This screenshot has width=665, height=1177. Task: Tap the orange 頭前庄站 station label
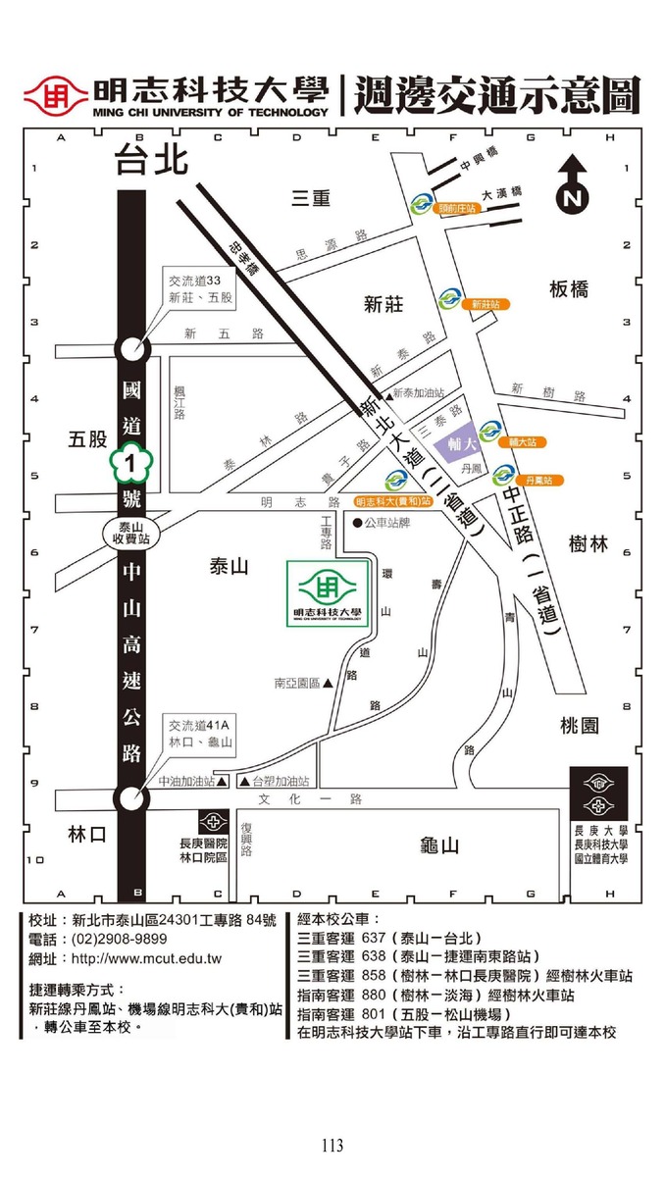(x=457, y=209)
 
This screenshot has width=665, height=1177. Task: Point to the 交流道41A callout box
(x=200, y=734)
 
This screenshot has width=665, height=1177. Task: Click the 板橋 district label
(x=569, y=288)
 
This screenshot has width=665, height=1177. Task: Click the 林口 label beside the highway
(x=86, y=834)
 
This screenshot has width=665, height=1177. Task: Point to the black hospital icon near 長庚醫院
(x=213, y=821)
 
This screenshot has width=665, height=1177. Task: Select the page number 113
(x=332, y=1145)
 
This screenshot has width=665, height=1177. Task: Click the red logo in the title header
(x=56, y=96)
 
